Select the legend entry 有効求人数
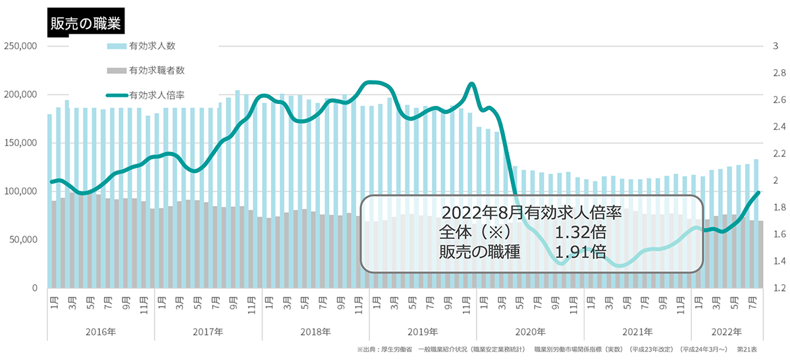click(x=152, y=46)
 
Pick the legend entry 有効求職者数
click(x=157, y=70)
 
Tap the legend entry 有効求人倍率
click(x=157, y=95)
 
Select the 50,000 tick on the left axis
click(x=22, y=240)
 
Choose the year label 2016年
click(x=101, y=332)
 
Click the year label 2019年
click(x=423, y=332)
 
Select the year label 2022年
click(x=727, y=332)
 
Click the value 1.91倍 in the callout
click(x=580, y=251)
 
